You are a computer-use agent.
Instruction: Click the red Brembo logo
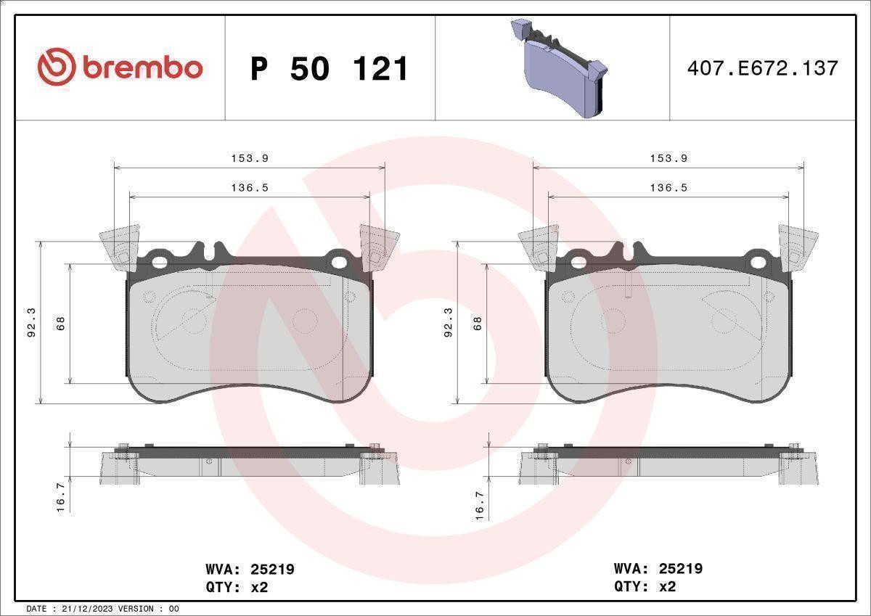click(x=120, y=68)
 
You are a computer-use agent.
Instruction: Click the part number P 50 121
click(x=329, y=69)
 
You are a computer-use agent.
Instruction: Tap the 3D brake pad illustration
click(x=559, y=68)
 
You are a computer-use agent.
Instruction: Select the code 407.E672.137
click(x=763, y=68)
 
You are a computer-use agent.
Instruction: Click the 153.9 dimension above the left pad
click(x=250, y=159)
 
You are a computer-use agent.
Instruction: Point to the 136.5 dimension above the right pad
click(x=668, y=188)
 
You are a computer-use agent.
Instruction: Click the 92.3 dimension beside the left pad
click(x=31, y=322)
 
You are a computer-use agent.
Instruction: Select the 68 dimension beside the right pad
click(x=478, y=324)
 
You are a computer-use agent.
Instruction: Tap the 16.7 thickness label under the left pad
click(x=61, y=498)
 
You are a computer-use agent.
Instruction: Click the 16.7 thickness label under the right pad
click(x=480, y=506)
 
